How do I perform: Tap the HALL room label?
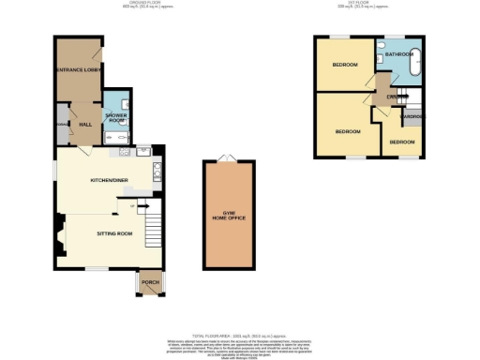coord(83,124)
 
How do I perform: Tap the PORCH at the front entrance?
coord(148,282)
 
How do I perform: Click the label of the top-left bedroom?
coord(343,66)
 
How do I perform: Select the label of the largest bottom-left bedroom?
coord(349,131)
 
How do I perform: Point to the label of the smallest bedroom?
coord(403,142)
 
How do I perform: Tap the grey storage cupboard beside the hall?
coord(62,125)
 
